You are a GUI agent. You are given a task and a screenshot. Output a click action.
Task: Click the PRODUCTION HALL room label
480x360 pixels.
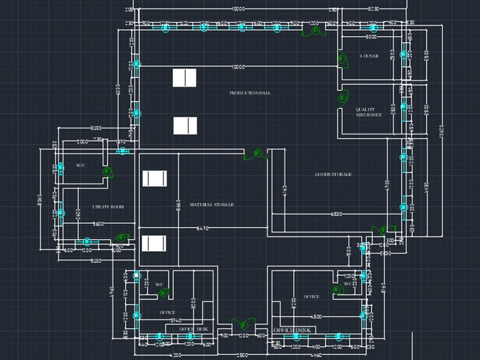[250, 93]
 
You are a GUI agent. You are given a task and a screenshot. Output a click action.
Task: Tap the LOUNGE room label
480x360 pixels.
[369, 56]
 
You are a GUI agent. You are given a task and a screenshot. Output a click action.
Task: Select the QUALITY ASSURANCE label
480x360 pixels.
[369, 112]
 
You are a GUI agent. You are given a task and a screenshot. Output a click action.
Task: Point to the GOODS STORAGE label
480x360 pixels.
[333, 174]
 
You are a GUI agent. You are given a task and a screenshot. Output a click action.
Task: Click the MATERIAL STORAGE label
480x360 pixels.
[212, 204]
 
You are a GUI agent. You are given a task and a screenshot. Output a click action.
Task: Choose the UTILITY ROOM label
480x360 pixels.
[108, 207]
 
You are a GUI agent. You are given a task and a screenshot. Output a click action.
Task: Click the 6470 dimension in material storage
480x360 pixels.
[203, 229]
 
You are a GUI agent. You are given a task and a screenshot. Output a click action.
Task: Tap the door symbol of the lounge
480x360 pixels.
[342, 60]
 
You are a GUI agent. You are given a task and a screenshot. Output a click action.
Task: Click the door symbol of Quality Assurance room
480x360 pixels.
[342, 98]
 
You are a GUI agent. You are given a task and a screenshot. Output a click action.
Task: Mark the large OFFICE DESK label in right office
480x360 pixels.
[292, 330]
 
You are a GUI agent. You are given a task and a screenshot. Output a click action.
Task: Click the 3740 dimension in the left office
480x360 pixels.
[176, 320]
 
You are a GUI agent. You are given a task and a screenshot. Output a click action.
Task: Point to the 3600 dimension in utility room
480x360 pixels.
[98, 224]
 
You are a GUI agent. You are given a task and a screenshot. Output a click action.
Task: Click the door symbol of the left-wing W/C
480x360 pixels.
[107, 171]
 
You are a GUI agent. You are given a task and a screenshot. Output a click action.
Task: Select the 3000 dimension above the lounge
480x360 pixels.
[371, 37]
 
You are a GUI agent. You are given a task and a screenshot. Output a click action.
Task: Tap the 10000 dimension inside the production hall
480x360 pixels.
[238, 67]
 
